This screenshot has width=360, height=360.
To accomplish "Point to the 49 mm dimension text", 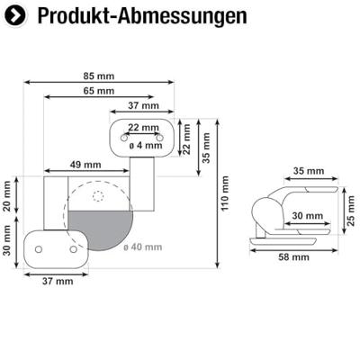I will coord(85,165).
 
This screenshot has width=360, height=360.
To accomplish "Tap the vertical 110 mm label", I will coord(225,191).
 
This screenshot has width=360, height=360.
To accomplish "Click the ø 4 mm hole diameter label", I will coord(144,144).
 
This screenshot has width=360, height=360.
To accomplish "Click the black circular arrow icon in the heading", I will coord(16,16).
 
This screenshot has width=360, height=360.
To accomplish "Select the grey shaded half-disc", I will coord(98,229).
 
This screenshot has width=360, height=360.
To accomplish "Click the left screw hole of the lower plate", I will coord(39,249).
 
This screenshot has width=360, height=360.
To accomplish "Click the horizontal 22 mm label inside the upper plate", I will coord(143,128).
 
